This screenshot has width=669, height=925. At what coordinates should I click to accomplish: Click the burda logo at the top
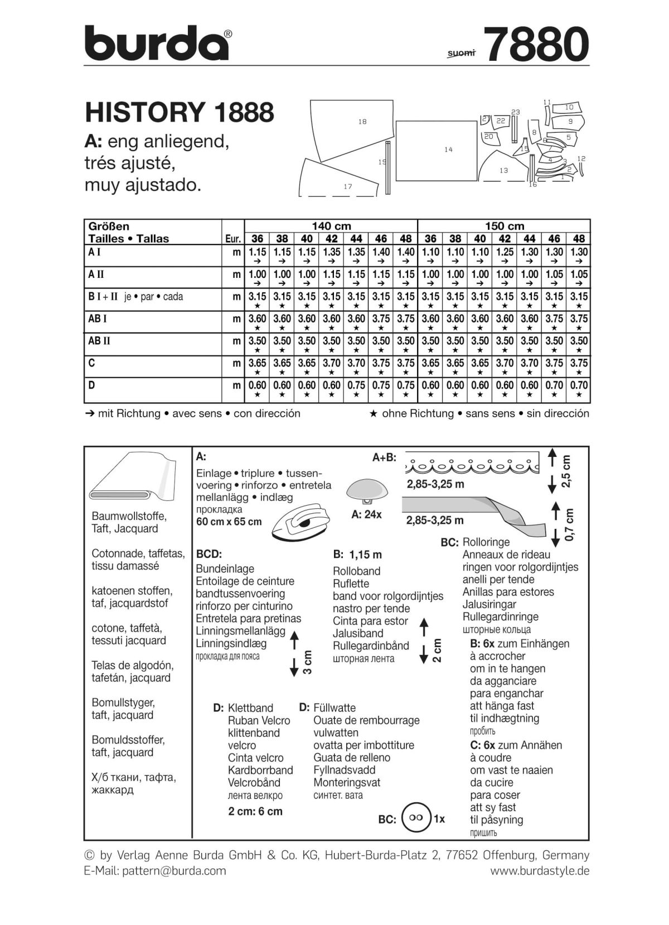point(158,44)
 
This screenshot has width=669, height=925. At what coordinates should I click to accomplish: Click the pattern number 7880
point(537,45)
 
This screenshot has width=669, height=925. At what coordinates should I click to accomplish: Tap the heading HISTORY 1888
point(180,112)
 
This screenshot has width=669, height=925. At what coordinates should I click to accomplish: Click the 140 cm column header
point(331,226)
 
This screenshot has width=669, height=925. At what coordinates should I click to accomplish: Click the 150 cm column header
point(504,226)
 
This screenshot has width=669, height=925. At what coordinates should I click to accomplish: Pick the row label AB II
point(100,341)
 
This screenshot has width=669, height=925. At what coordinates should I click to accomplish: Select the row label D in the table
point(92,385)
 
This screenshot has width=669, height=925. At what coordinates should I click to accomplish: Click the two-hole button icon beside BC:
point(416,818)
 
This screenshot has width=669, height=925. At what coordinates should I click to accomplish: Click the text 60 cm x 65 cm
point(229,522)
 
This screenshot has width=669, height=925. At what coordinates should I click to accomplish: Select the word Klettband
point(250,708)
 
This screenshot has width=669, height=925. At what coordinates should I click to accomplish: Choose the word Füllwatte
point(334,708)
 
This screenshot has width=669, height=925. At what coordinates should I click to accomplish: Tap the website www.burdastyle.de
point(540,871)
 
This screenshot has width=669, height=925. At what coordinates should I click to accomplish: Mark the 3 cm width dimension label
point(307,662)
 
